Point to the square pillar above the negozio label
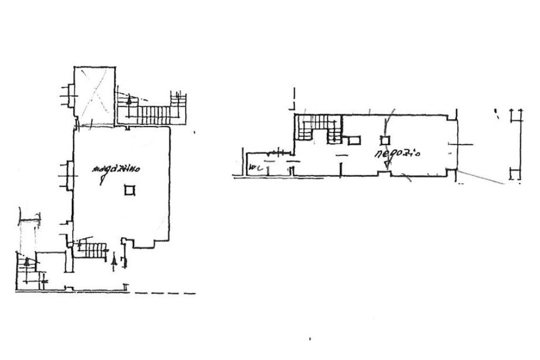384,140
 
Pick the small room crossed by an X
94,97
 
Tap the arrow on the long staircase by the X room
129,99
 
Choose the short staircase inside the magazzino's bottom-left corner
90,248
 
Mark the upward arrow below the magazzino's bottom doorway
115,260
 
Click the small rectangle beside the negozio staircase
354,140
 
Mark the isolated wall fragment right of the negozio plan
516,142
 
